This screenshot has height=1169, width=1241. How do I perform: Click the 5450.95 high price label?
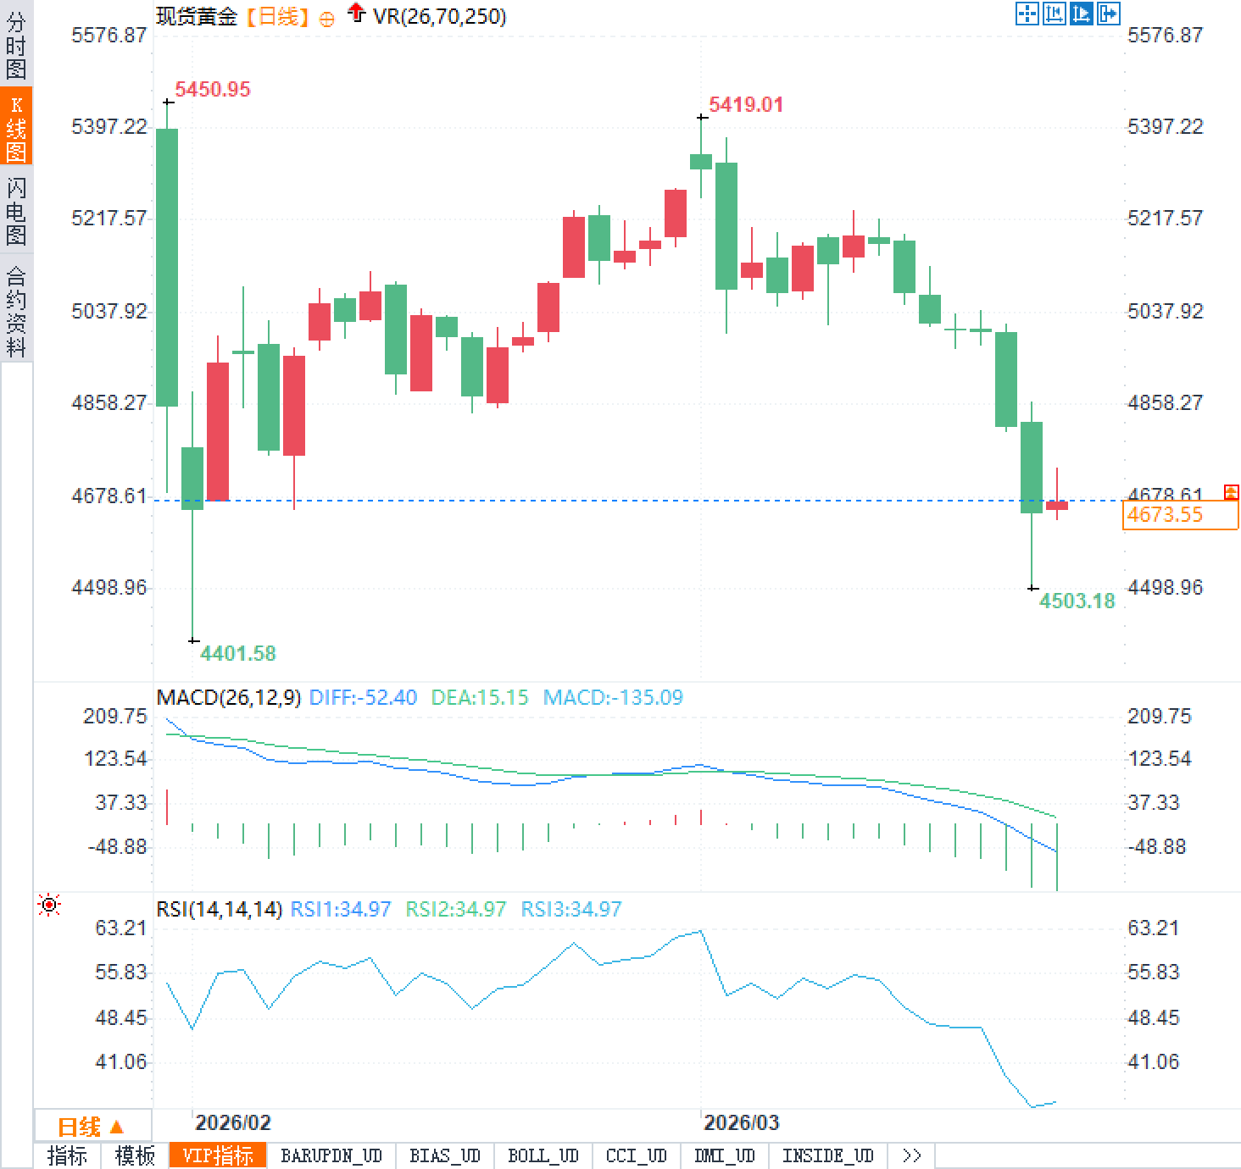pos(213,90)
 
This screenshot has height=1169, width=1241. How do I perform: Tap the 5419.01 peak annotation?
pos(746,105)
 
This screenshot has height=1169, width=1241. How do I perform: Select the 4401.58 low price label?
pos(238,653)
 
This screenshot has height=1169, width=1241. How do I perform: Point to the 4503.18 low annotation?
pos(1077,601)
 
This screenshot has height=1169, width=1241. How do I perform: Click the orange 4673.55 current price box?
pos(1179,515)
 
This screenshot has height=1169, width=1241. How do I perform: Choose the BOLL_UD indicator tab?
pos(543,1155)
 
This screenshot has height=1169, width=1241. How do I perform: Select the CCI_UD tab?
pos(636,1155)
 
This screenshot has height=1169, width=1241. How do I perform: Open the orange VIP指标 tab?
pos(218,1155)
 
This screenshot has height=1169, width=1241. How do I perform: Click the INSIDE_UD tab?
pos(827,1155)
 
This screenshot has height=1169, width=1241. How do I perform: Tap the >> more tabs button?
pos(912,1155)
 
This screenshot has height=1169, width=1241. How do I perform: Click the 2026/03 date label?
pos(741,1122)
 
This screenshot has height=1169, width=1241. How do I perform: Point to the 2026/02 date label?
pos(232,1122)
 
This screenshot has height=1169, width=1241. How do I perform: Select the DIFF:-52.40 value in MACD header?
pos(363,697)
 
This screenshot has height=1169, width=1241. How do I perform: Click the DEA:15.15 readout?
pos(480,697)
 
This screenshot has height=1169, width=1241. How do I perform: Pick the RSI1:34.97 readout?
pos(341,909)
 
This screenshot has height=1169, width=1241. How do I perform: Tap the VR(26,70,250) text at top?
pos(439,16)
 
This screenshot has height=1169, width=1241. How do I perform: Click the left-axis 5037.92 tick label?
pos(109,311)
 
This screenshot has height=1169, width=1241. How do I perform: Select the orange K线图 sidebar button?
pos(16,127)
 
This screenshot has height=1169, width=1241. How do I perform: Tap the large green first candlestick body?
pos(167,267)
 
